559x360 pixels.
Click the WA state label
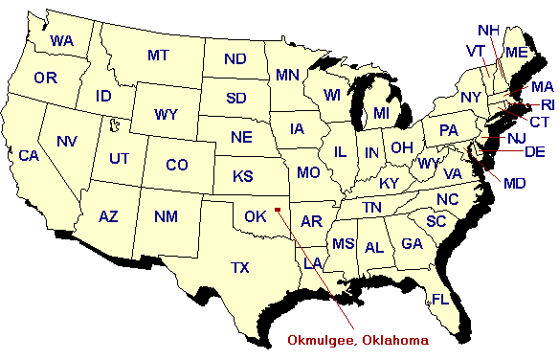[62, 41]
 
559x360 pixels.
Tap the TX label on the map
[239, 267]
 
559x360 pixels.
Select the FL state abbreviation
[439, 299]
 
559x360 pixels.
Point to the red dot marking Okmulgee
[277, 207]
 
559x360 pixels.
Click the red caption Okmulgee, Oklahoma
[359, 339]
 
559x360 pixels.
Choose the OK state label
[255, 216]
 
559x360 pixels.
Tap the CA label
[29, 155]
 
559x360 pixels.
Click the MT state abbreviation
[158, 56]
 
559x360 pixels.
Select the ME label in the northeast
[516, 52]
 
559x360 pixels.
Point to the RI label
[548, 104]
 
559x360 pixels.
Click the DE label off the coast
[535, 151]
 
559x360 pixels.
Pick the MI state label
[382, 113]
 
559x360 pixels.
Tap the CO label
[176, 165]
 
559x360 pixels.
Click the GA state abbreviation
[413, 244]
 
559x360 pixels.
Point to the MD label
[514, 182]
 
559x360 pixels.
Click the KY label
[390, 183]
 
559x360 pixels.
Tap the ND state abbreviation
[235, 59]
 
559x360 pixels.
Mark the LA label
[313, 262]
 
